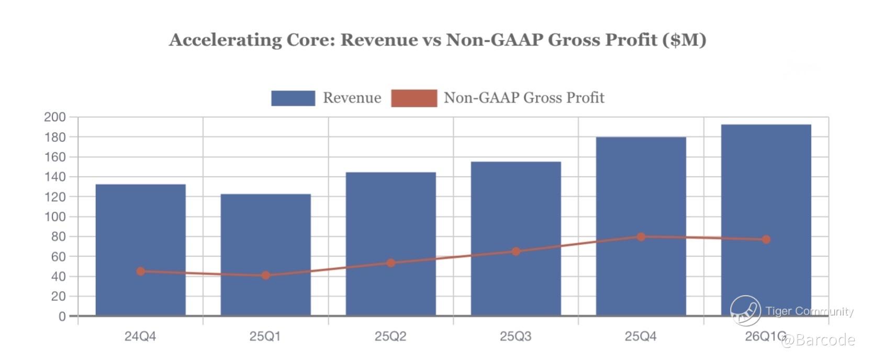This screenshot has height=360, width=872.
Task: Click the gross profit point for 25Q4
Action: pos(641,237)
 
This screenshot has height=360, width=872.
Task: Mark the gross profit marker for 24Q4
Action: pos(141,271)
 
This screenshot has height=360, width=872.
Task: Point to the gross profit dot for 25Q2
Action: pos(390,263)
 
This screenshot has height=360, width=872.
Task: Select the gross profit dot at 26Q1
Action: pos(766,239)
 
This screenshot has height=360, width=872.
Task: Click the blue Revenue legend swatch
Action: pos(293,98)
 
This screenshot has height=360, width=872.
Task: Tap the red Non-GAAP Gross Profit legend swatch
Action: pos(413,98)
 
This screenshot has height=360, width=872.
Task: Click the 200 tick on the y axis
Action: pos(55,117)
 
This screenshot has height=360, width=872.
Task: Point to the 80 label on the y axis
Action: pos(58,237)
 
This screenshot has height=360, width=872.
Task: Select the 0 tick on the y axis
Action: pos(62,316)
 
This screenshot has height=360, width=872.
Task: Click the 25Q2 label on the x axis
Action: pos(390,336)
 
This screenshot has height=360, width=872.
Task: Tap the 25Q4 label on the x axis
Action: pos(641,336)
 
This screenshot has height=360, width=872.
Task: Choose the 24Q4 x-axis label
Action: pos(140,336)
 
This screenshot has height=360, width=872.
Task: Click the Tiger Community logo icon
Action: pos(745,310)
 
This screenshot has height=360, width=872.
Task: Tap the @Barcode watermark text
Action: pos(818,341)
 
